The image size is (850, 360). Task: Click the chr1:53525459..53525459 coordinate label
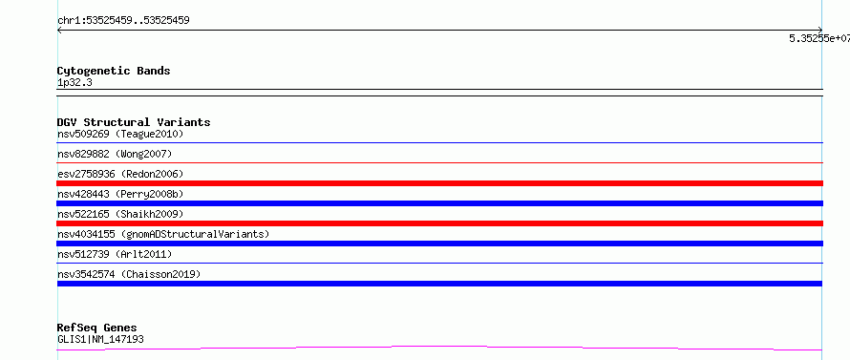pos(123,21)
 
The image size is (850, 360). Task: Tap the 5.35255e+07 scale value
pos(819,38)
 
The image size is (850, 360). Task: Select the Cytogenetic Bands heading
pos(114,71)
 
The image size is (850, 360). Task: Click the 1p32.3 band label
pos(74,83)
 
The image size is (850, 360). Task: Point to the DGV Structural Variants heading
pos(134,122)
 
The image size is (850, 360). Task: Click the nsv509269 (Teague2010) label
pos(120,134)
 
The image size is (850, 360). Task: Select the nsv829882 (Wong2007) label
pos(115,154)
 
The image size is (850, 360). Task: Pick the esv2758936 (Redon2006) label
pos(120,174)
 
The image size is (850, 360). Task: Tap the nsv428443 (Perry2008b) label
pos(120,194)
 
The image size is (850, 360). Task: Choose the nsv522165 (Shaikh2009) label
pos(120,214)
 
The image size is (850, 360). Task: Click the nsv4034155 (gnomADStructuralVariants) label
pos(163,234)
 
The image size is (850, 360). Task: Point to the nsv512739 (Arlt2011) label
pos(115,254)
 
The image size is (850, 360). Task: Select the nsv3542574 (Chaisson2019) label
pos(129,274)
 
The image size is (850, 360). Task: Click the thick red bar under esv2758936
pos(439,183)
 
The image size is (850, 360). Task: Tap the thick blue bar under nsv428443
pos(439,203)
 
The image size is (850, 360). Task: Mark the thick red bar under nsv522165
pos(439,223)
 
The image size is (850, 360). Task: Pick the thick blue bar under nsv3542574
pos(439,284)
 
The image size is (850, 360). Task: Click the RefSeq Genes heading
pos(97,328)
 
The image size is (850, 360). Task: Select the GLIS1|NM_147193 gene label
pos(100,340)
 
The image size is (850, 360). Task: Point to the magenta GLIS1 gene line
pos(439,347)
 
